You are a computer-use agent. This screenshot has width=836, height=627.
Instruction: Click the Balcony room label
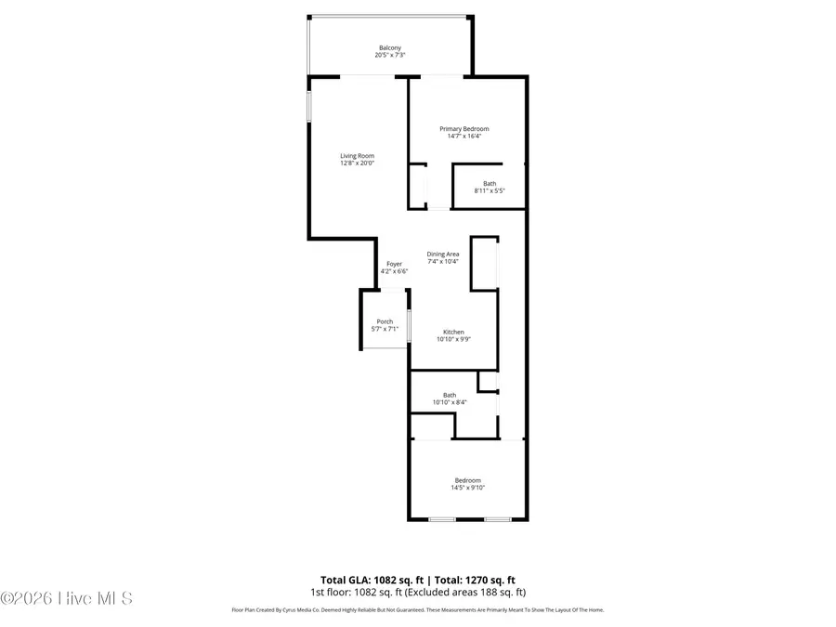point(390,48)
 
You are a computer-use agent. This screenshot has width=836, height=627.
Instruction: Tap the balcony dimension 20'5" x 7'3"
point(390,56)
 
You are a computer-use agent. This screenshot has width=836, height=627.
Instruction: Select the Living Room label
point(357,156)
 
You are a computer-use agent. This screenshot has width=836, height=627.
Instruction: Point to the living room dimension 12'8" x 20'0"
point(357,163)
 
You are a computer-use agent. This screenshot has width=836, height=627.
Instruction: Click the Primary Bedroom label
point(464,129)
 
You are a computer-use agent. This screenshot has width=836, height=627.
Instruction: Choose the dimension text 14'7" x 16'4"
point(464,137)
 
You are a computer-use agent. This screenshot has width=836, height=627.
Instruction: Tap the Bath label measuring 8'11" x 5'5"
point(489,184)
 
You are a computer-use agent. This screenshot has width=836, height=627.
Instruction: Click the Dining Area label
point(443,255)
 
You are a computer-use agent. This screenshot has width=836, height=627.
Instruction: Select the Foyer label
point(395,264)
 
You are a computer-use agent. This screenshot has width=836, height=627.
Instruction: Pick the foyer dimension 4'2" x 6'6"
point(395,271)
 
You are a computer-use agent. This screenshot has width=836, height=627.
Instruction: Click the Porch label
point(385,321)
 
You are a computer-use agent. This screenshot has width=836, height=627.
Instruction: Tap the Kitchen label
point(453,333)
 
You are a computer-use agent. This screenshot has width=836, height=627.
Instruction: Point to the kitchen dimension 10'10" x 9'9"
point(453,340)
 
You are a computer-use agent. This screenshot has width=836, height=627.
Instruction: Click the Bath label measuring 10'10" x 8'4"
point(450,395)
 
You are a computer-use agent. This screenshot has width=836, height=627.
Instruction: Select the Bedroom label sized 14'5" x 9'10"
point(467,480)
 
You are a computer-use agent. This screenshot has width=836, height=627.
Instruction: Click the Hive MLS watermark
point(67,598)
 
